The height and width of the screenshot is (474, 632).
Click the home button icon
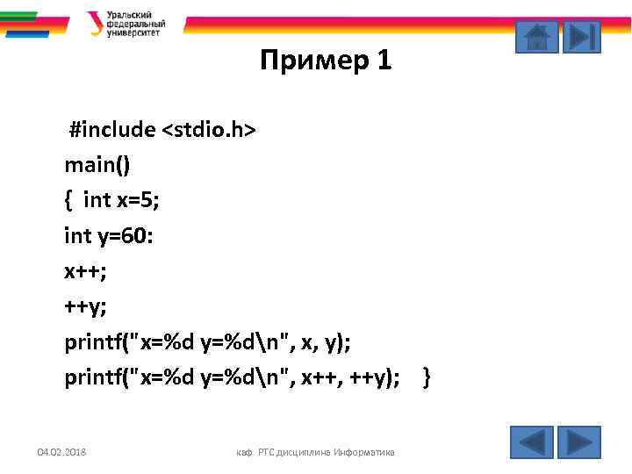(535, 37)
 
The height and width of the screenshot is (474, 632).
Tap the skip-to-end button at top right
(581, 37)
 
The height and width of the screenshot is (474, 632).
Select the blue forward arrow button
(578, 442)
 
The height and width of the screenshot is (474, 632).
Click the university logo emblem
(96, 24)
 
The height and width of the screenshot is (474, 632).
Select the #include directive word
(112, 131)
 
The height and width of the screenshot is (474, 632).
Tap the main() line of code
(97, 165)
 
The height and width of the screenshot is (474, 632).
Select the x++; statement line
(85, 271)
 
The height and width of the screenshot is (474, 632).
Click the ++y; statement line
(85, 307)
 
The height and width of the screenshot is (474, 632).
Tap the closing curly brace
(427, 378)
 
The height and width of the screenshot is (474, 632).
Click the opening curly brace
(68, 200)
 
